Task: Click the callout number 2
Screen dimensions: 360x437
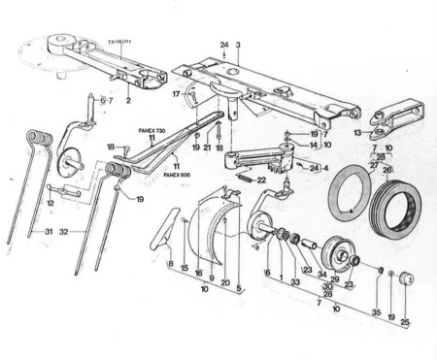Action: pyautogui.click(x=128, y=100)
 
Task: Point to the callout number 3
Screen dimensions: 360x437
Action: pyautogui.click(x=237, y=46)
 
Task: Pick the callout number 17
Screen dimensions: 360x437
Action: pyautogui.click(x=176, y=94)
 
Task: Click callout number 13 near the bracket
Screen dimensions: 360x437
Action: pyautogui.click(x=357, y=132)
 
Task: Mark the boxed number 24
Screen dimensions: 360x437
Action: pyautogui.click(x=316, y=167)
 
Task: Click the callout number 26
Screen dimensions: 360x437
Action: pyautogui.click(x=387, y=170)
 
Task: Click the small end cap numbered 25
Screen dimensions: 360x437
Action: pyautogui.click(x=406, y=280)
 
